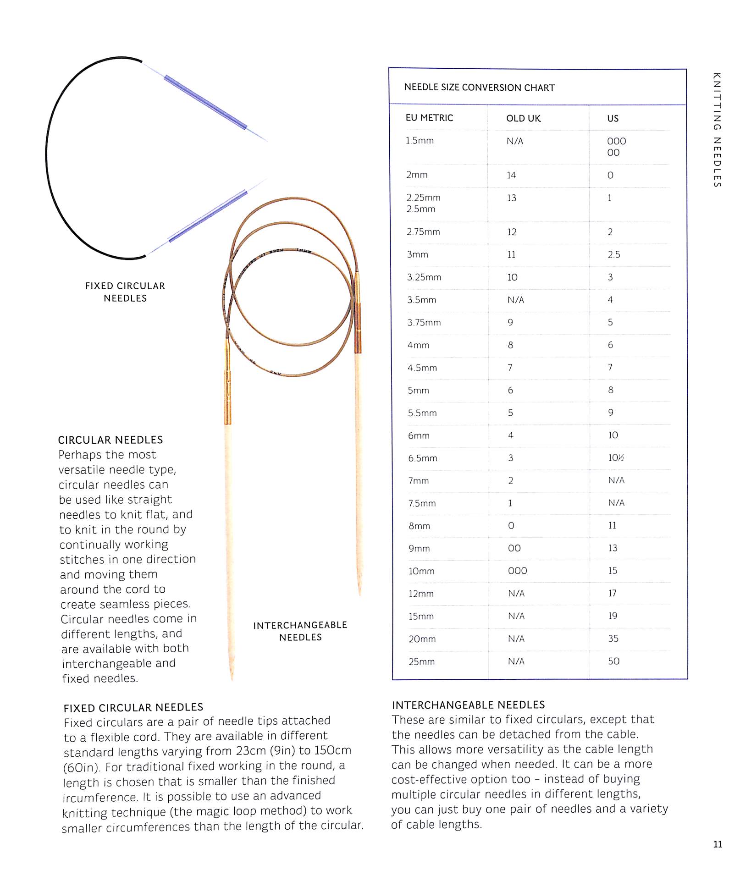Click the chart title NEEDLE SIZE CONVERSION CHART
[479, 88]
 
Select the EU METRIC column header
[429, 118]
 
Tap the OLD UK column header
[523, 118]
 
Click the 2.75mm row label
[423, 232]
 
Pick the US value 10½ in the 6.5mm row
[616, 458]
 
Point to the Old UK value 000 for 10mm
[517, 571]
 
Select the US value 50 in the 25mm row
[613, 661]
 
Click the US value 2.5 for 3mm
[613, 254]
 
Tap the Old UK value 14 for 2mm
[511, 175]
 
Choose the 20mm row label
[422, 639]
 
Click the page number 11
[718, 844]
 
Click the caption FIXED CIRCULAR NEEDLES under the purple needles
[125, 292]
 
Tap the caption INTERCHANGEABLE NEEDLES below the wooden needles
[300, 631]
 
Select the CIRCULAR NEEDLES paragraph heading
[110, 440]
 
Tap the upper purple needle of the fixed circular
[205, 102]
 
